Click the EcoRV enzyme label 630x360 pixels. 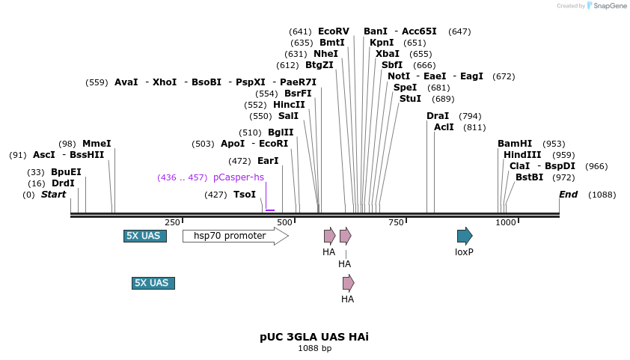point(333,31)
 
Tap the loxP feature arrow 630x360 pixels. point(465,236)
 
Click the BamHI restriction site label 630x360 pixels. point(515,144)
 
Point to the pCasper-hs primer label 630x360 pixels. point(238,177)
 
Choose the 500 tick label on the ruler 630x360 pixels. point(284,222)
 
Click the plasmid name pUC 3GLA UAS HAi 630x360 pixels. point(314,337)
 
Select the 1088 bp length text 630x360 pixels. point(314,348)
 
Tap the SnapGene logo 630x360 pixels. point(607,6)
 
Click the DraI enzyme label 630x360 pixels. point(438,116)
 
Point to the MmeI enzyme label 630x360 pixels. point(97,144)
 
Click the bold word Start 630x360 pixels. point(53,195)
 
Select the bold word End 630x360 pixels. point(569,195)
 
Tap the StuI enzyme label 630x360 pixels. point(410,99)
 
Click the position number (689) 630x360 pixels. point(443,99)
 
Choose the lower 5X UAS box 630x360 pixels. point(153,283)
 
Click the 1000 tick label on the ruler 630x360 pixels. point(506,222)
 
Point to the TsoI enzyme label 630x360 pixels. point(245,195)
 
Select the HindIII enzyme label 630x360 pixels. point(522,155)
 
